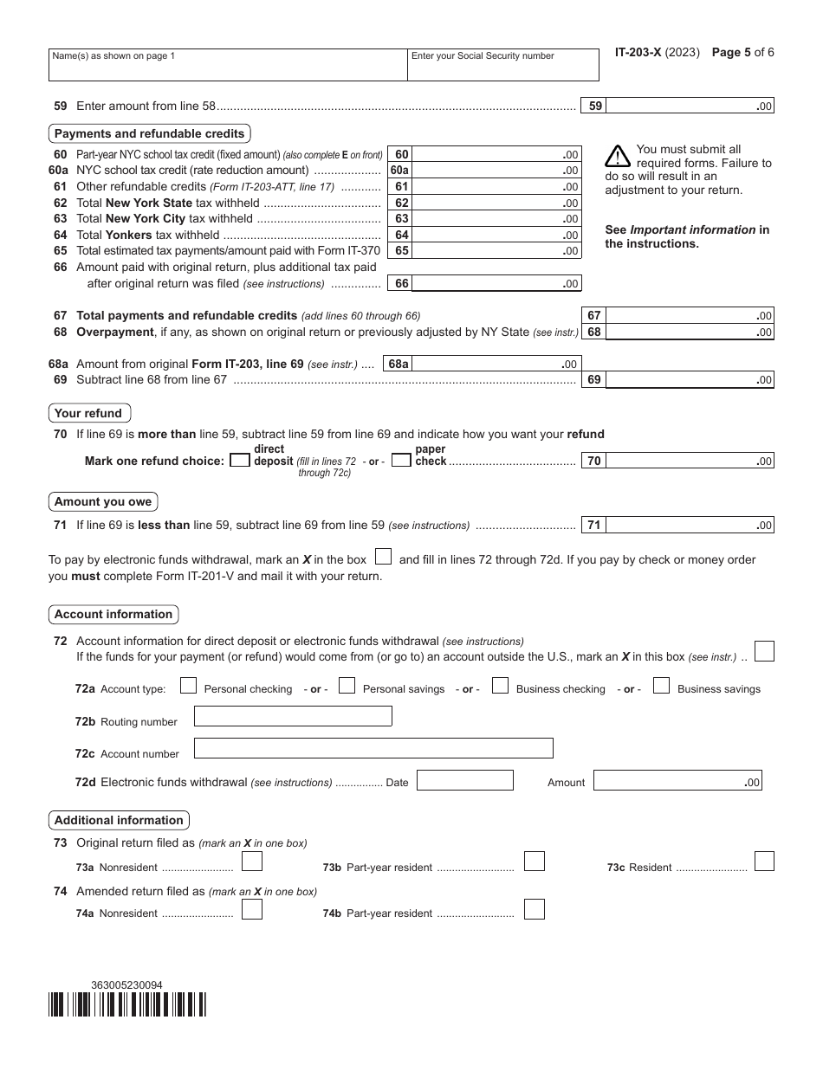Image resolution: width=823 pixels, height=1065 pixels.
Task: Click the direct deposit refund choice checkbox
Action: [240, 461]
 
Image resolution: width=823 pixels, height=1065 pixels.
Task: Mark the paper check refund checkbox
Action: [401, 461]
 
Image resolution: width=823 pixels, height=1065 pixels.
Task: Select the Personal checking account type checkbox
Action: [188, 687]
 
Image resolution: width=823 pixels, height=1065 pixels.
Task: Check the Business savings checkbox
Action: [662, 687]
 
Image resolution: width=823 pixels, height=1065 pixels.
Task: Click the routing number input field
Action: [293, 716]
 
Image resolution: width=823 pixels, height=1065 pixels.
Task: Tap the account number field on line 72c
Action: [373, 748]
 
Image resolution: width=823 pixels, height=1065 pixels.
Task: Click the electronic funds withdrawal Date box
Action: [465, 780]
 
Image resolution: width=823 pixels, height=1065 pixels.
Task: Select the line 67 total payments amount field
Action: [690, 316]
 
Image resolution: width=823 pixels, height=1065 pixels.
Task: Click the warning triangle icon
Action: [618, 156]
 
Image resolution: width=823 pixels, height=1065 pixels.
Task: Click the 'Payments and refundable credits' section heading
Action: [150, 133]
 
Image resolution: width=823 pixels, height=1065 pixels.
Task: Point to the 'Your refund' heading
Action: [88, 413]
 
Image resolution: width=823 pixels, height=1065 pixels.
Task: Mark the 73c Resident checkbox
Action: [764, 861]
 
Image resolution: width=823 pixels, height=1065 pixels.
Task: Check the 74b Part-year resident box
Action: [535, 909]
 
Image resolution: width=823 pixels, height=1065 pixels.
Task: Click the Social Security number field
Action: [502, 65]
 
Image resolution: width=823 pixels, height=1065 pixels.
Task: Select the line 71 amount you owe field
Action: [690, 525]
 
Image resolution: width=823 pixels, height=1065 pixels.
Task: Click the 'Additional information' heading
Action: [119, 820]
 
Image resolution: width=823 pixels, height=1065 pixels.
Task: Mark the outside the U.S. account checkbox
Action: [764, 651]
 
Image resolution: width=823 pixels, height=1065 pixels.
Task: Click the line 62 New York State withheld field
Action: [497, 203]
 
